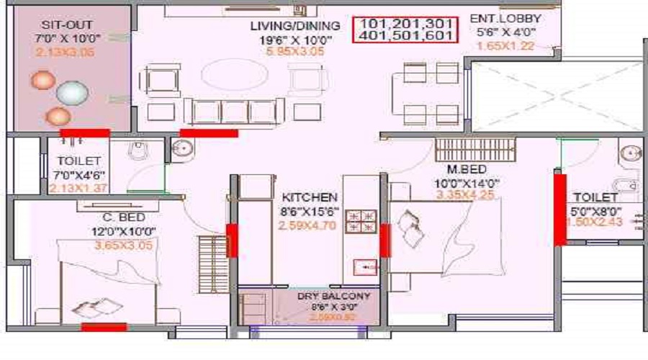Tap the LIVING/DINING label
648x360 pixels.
(x=280, y=26)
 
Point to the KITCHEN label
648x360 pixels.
(x=309, y=197)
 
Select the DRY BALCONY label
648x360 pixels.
(x=334, y=296)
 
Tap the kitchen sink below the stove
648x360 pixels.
(x=366, y=267)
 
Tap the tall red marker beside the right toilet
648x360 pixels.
(x=559, y=209)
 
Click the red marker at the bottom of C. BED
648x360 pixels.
(x=104, y=327)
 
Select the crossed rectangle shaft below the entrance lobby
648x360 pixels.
(x=554, y=96)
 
